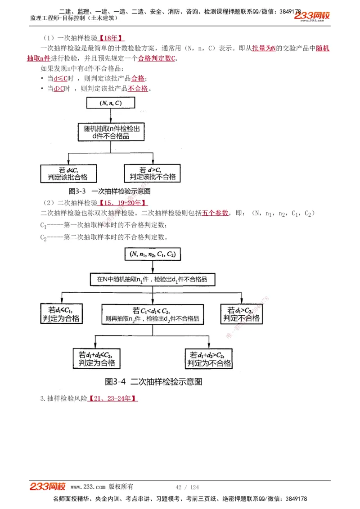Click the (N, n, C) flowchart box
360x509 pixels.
click(x=111, y=103)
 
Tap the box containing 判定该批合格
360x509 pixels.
click(x=68, y=173)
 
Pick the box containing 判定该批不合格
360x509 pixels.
click(x=153, y=173)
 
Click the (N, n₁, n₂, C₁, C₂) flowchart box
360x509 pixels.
click(x=153, y=254)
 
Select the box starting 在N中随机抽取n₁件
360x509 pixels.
click(x=153, y=279)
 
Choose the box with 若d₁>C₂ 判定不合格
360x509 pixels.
click(x=242, y=314)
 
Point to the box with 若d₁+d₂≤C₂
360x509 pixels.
click(x=97, y=358)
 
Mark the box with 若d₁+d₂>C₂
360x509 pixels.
click(x=209, y=358)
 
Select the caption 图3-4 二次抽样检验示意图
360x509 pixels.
click(x=153, y=382)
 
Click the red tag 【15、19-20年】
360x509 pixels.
click(x=123, y=203)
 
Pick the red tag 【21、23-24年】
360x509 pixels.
click(x=112, y=398)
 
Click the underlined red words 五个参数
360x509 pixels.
click(x=216, y=213)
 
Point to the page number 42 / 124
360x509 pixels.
click(x=187, y=487)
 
